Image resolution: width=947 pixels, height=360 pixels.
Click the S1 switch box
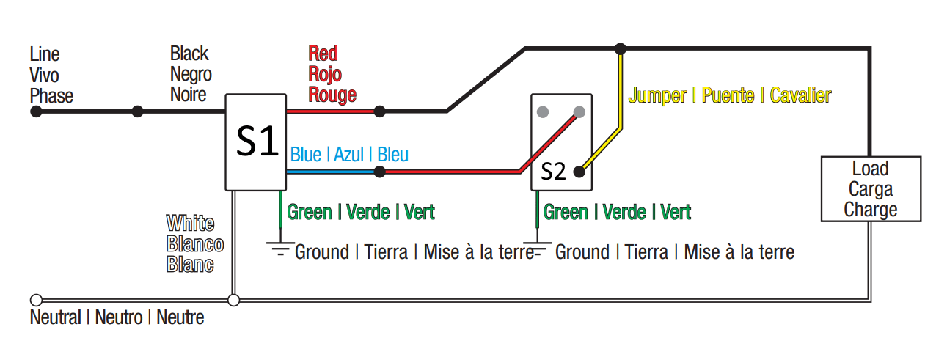(x=255, y=142)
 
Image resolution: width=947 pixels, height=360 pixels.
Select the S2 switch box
(x=561, y=142)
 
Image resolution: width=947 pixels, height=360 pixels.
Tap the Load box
(x=871, y=189)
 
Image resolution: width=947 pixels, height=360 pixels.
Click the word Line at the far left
(x=45, y=54)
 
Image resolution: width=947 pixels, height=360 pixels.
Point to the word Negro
(x=191, y=74)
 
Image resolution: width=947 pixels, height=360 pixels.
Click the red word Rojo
(x=325, y=74)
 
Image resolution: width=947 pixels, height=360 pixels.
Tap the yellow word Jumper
(x=657, y=95)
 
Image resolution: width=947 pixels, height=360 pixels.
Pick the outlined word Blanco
(x=195, y=244)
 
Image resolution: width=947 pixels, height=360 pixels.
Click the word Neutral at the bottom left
(x=56, y=318)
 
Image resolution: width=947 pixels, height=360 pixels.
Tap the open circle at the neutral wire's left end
(x=35, y=300)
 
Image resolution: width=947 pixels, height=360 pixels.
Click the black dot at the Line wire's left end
(x=35, y=112)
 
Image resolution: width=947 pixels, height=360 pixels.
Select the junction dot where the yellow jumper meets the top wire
(x=621, y=49)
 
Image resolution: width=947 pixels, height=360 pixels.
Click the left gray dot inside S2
(x=544, y=112)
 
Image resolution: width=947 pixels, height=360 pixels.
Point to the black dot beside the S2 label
(x=579, y=172)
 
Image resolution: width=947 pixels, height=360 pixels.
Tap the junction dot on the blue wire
(x=379, y=172)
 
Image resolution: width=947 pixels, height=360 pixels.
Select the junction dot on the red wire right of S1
(x=379, y=111)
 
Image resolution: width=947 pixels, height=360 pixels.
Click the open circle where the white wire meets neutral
(x=234, y=300)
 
